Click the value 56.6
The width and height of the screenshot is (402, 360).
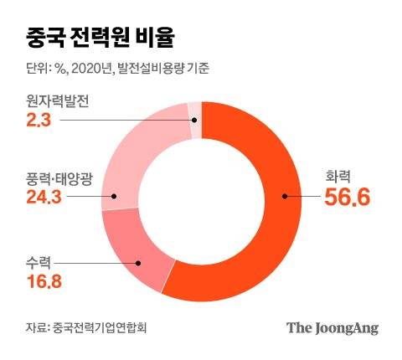347,198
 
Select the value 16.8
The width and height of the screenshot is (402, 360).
44,279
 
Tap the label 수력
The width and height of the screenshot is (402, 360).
39,259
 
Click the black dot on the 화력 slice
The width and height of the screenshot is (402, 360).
286,198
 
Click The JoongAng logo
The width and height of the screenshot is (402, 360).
332,328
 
